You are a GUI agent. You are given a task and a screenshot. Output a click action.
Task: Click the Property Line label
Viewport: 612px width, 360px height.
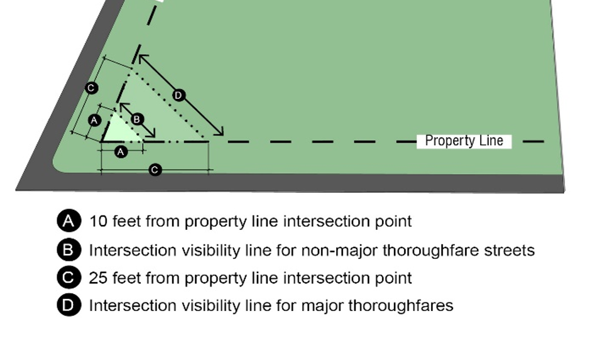464,141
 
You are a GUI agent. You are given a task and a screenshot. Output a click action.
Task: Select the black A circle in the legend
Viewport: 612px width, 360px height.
69,221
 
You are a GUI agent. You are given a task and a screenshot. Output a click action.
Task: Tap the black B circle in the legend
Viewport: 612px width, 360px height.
69,250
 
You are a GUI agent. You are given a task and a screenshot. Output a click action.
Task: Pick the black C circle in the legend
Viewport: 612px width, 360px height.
69,278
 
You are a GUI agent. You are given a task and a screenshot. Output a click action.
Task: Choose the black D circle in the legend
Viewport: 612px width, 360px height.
69,305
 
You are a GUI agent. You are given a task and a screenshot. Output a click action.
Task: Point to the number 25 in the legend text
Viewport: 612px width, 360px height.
99,278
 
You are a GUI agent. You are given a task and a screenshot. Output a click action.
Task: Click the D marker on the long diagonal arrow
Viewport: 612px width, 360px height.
179,95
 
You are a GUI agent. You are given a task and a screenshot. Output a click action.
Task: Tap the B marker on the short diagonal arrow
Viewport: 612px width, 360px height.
138,119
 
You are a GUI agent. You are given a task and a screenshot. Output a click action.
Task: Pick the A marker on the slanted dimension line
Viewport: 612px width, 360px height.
94,119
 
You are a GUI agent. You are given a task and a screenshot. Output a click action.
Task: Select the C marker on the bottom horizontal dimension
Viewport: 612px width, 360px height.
156,170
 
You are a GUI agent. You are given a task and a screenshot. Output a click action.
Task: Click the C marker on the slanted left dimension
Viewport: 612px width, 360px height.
91,87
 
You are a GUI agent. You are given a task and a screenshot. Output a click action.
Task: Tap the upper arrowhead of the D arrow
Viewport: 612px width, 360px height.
142,58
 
